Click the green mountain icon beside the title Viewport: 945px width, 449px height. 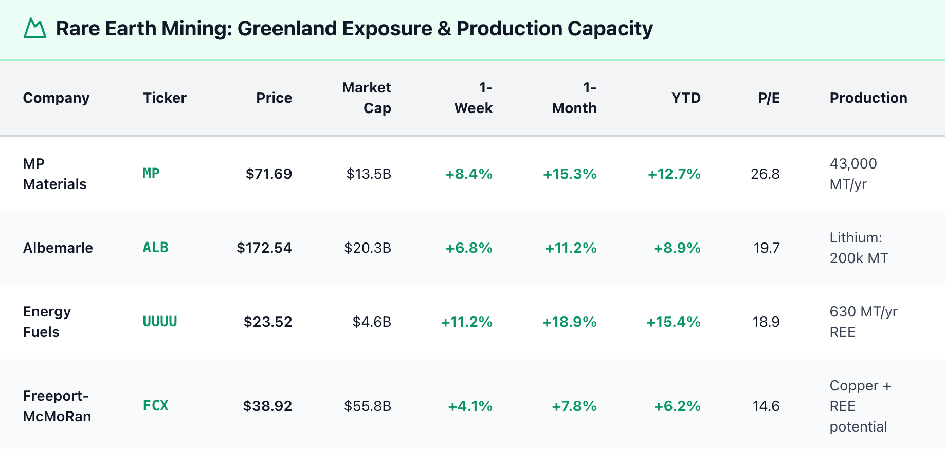[35, 28]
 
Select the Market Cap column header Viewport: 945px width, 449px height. [367, 98]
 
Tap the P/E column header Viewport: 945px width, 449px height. [769, 98]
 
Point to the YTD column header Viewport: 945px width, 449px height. [686, 98]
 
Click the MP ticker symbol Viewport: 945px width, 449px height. [151, 174]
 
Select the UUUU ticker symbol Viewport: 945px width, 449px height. [160, 322]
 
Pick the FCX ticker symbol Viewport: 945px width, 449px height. [156, 406]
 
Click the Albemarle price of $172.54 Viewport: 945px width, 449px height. [264, 248]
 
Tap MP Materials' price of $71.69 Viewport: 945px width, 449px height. [269, 174]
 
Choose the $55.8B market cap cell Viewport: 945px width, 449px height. [368, 406]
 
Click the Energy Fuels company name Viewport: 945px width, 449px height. [47, 322]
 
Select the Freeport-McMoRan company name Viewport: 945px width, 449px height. [57, 406]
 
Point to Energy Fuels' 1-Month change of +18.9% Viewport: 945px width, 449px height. [569, 322]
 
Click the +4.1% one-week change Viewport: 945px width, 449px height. [470, 406]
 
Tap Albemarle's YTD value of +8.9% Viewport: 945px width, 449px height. [677, 248]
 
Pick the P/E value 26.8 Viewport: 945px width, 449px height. [765, 174]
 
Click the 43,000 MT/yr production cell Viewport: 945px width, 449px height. [853, 174]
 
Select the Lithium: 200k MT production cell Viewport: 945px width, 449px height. [859, 248]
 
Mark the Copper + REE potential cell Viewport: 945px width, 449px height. [860, 406]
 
